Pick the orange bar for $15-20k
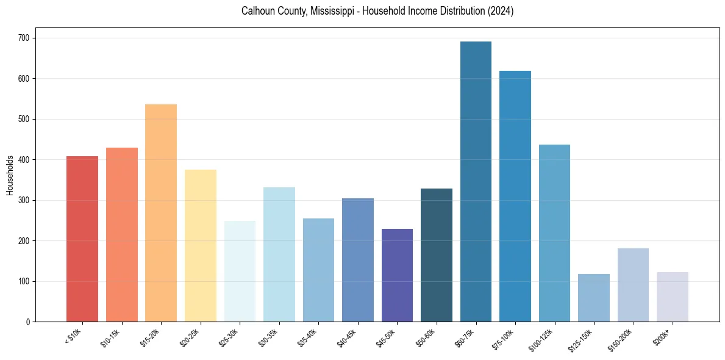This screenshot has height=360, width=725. pyautogui.click(x=161, y=214)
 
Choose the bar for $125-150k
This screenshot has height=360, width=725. pyautogui.click(x=594, y=298)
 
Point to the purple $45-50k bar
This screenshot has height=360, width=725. pyautogui.click(x=397, y=275)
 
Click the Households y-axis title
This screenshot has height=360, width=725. pyautogui.click(x=10, y=175)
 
